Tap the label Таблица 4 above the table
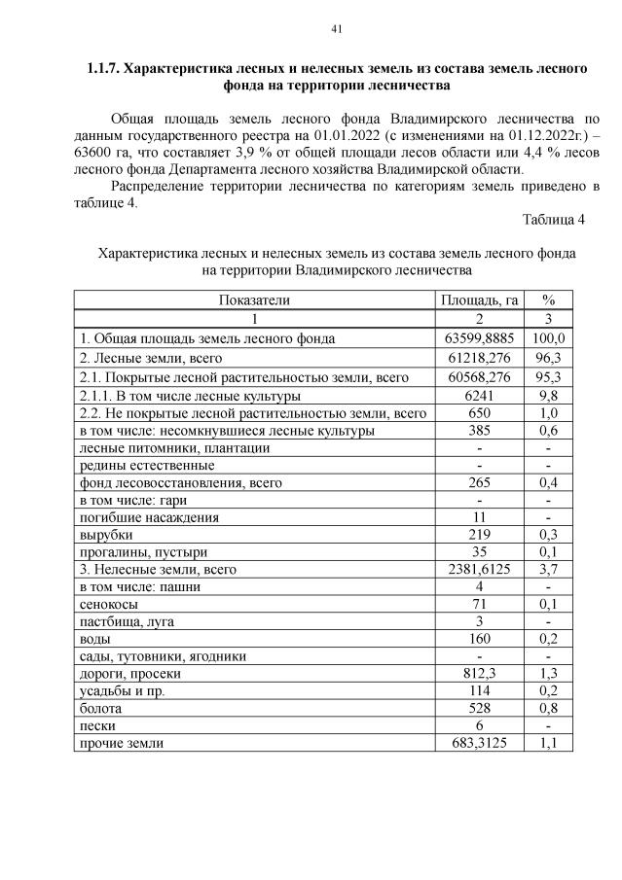tap(553, 219)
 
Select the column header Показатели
tap(254, 300)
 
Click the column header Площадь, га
tap(478, 300)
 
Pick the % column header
tap(548, 300)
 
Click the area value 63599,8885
tap(478, 338)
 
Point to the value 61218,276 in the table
tap(478, 358)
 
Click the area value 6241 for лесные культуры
tap(478, 396)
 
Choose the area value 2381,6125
tap(478, 570)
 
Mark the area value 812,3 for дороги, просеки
tap(478, 673)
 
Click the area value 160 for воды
tap(478, 639)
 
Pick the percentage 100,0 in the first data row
tap(548, 338)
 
